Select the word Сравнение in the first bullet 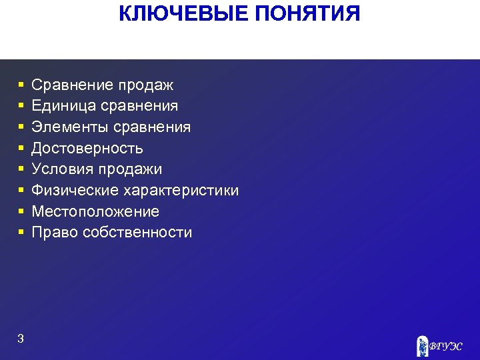click(73, 85)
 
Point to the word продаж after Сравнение click(146, 85)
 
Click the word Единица click(63, 106)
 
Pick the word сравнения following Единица click(140, 106)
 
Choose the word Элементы click(70, 127)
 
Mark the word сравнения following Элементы click(153, 127)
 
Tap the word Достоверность click(87, 148)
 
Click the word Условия click(61, 169)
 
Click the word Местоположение click(95, 212)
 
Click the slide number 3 click(21, 339)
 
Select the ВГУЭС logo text click(446, 346)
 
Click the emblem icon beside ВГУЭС click(423, 345)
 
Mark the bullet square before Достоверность click(21, 148)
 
